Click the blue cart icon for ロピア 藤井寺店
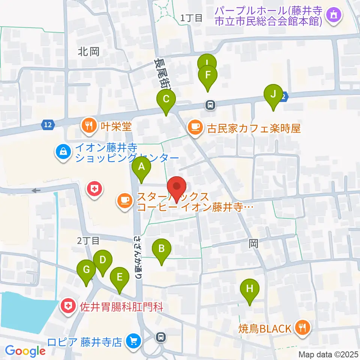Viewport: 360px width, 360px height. point(132,342)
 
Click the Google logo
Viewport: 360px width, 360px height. point(25,351)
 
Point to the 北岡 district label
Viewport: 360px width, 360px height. point(89,52)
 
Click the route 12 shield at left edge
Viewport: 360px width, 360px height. point(47,125)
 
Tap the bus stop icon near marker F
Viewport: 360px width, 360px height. point(211,105)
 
